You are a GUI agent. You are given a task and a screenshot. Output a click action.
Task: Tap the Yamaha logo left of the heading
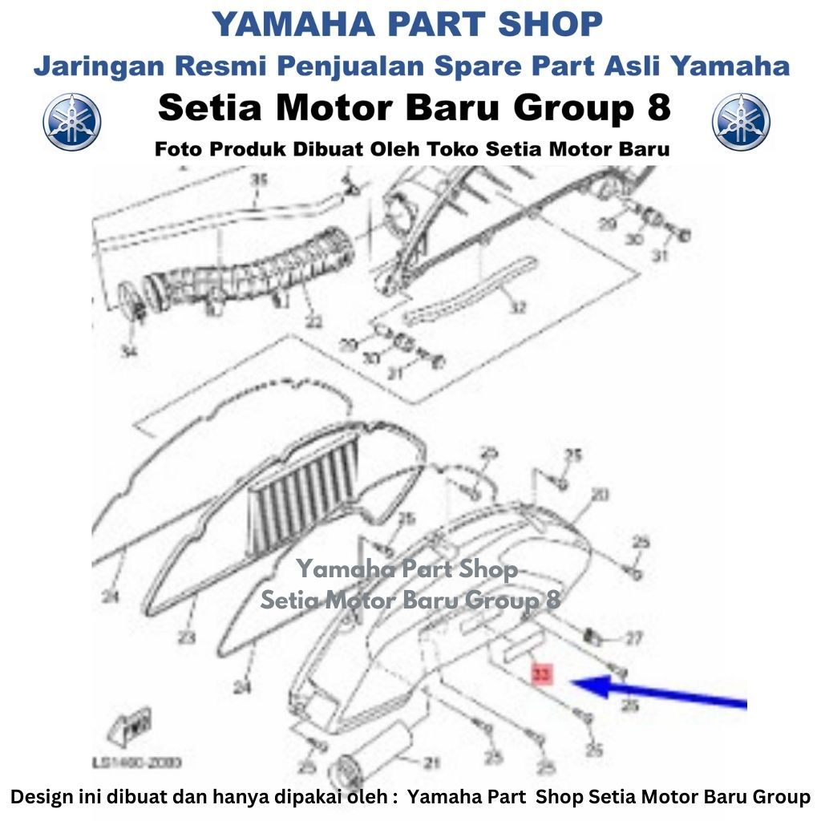72,122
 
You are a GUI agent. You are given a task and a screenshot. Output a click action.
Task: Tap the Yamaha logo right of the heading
741,122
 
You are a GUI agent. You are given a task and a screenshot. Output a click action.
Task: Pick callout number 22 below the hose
313,322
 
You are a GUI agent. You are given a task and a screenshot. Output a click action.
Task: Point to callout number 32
518,306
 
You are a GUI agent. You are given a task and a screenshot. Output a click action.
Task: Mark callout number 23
186,638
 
